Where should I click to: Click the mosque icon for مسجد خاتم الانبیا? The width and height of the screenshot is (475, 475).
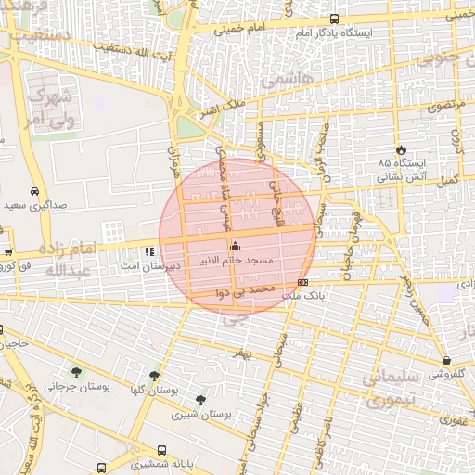(x=234, y=246)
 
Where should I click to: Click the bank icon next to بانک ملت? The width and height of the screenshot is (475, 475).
(x=302, y=282)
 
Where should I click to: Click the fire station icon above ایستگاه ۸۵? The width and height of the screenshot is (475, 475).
(x=400, y=150)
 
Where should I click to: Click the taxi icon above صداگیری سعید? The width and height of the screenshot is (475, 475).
(x=34, y=192)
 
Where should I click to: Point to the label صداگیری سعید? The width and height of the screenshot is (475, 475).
(x=34, y=205)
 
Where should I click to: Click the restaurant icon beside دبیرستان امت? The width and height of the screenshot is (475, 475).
(x=149, y=251)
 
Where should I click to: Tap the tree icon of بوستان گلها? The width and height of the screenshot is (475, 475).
(x=152, y=376)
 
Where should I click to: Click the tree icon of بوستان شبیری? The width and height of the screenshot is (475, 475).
(x=200, y=400)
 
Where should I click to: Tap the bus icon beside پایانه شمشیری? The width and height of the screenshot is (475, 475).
(x=101, y=469)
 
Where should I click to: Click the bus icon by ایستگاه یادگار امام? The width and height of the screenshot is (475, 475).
(x=334, y=19)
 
